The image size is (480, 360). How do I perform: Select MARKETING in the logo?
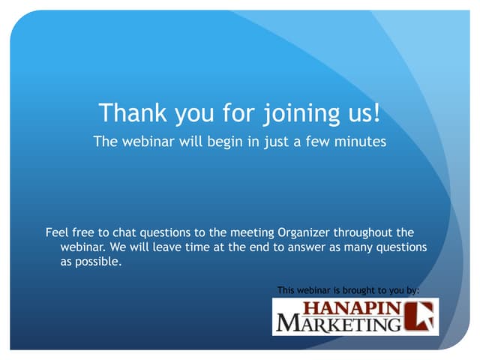point(337,324)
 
